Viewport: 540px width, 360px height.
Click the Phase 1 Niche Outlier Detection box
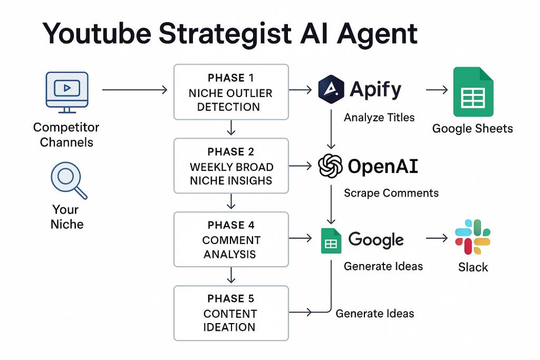231,92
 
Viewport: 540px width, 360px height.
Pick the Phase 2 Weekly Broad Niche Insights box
231,166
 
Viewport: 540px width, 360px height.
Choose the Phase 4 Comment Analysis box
231,239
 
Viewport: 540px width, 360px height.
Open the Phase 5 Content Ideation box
231,313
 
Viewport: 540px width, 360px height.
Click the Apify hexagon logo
331,90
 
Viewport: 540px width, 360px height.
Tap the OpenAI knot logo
331,167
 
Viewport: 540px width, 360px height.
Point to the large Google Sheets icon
473,92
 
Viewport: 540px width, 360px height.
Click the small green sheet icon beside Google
331,240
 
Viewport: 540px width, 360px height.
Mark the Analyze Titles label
379,118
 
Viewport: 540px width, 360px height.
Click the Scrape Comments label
391,193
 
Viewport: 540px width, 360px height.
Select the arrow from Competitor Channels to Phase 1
134,91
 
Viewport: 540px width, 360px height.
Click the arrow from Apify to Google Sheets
437,90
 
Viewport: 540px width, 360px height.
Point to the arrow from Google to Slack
437,239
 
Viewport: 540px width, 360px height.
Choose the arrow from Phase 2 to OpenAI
301,166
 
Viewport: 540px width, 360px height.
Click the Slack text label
473,267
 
